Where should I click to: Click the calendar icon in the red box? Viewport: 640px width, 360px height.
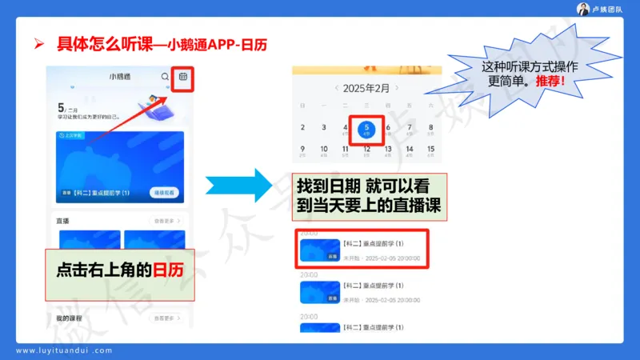(x=182, y=77)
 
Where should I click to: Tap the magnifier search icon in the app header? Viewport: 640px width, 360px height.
(x=165, y=77)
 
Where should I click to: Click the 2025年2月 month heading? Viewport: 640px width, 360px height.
(x=366, y=88)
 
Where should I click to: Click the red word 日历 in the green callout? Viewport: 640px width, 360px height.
(x=168, y=270)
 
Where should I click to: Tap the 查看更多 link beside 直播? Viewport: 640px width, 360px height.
(x=165, y=220)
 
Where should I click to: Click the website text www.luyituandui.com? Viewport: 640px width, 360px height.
(x=65, y=350)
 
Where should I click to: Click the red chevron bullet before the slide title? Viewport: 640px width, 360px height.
(x=38, y=44)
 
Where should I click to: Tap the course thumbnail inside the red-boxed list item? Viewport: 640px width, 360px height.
(x=319, y=250)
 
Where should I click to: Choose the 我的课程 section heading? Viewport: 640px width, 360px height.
(x=70, y=318)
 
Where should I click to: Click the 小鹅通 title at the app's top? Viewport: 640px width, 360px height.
(x=121, y=77)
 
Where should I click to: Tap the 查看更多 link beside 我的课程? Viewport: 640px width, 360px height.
(x=165, y=318)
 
